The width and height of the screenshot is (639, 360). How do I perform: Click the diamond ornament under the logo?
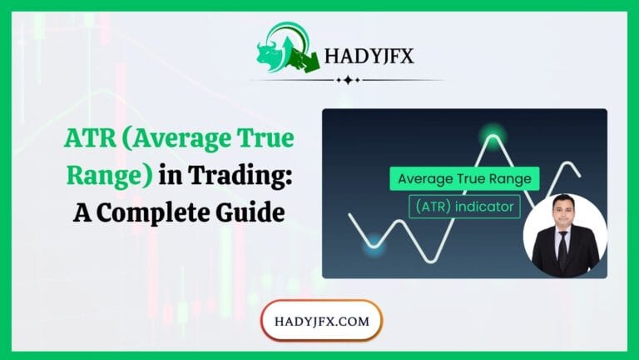coord(346,80)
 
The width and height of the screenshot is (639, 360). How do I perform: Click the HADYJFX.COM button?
coord(320,320)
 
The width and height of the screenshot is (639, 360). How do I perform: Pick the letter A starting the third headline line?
coord(83,212)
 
